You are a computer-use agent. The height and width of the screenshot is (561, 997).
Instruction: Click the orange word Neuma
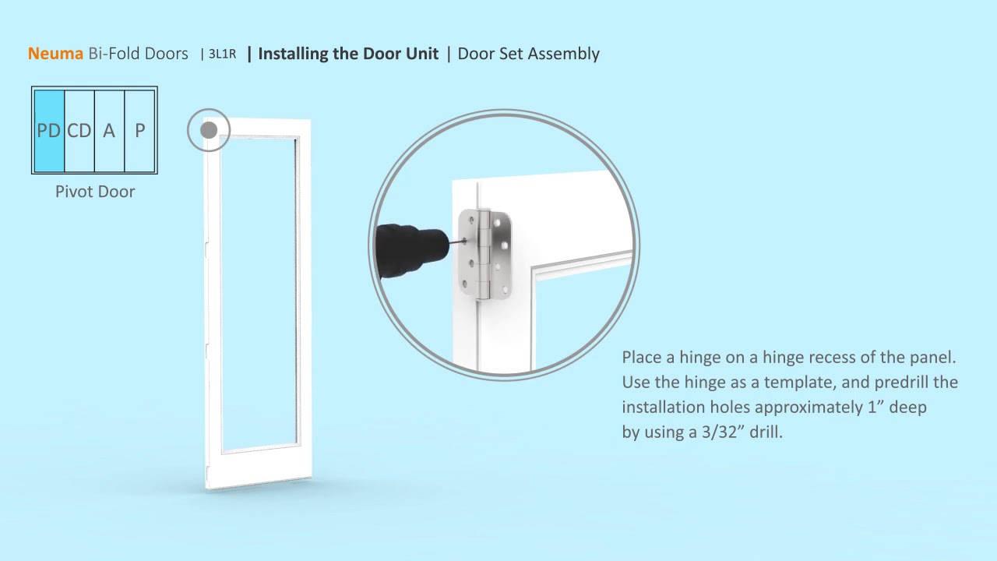[x=55, y=54]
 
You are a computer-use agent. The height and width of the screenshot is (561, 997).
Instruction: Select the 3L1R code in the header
[x=222, y=54]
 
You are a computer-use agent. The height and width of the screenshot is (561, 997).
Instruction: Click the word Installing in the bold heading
[x=294, y=54]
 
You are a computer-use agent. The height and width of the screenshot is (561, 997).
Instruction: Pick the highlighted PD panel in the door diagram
[x=49, y=130]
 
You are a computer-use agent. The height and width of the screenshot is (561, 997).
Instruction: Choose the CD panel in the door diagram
[x=79, y=130]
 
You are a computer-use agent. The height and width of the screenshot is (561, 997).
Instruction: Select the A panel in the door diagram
[x=109, y=130]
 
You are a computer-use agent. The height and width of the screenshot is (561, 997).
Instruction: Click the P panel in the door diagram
[x=139, y=130]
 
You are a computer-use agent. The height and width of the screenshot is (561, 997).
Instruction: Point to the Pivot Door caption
[x=95, y=192]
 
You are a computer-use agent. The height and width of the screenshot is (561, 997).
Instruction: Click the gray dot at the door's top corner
[x=209, y=130]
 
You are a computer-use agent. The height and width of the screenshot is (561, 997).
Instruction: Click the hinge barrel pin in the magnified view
[x=483, y=255]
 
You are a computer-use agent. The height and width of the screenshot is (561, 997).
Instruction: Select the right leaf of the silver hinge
[x=500, y=255]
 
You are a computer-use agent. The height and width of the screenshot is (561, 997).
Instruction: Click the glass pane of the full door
[x=259, y=293]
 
